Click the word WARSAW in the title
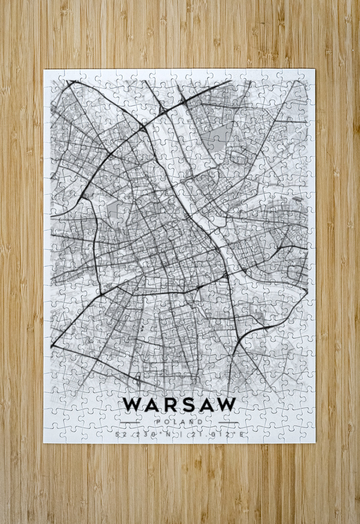click(180, 404)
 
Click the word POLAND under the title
click(180, 422)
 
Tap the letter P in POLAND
click(158, 422)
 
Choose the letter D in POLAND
click(201, 422)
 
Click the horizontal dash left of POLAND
click(130, 422)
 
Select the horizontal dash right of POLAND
click(228, 422)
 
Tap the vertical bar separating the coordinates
click(180, 434)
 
